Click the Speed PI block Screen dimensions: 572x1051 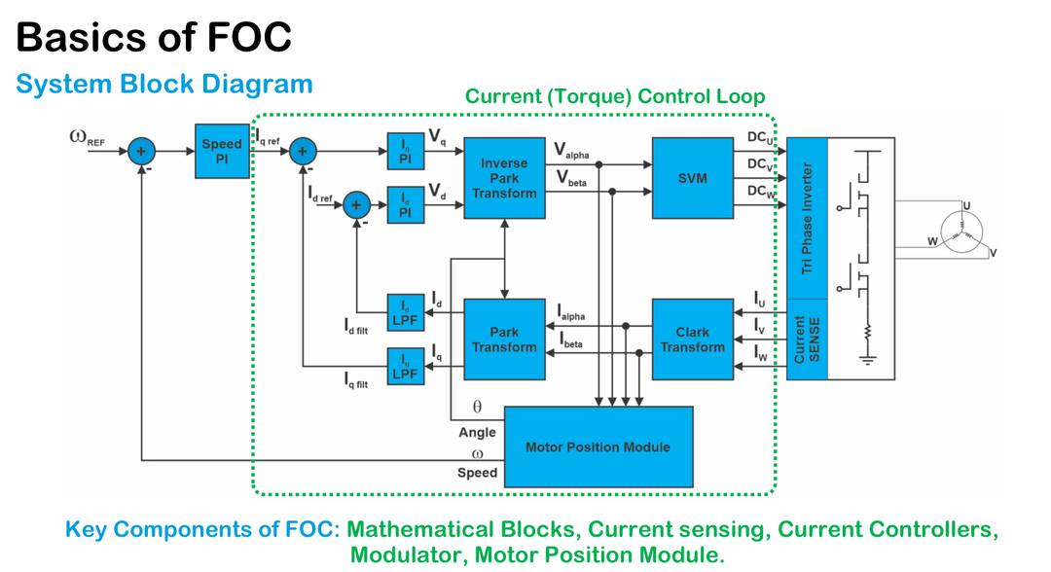[222, 151]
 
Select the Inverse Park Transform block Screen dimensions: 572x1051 [504, 178]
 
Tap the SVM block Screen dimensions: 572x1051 [692, 178]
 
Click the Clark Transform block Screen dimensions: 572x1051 [692, 339]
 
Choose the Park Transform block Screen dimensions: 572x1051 [504, 339]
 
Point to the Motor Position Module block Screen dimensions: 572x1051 [598, 447]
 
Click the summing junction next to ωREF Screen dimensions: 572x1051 [141, 151]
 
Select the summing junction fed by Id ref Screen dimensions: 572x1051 [356, 204]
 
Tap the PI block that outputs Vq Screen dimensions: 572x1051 [406, 151]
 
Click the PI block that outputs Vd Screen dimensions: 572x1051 [406, 204]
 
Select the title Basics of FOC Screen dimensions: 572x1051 [154, 37]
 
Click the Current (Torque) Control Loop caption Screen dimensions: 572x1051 [615, 96]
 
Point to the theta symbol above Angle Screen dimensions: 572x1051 [477, 407]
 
